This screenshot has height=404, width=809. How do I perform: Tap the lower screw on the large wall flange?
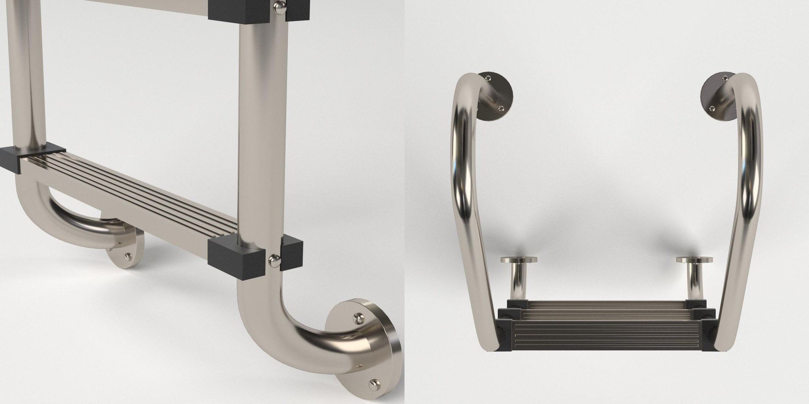(x=373, y=384)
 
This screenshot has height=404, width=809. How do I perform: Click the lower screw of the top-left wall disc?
(x=500, y=108)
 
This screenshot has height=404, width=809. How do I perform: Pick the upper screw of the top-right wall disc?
(x=725, y=78)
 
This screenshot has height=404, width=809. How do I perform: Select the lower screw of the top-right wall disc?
(x=713, y=108)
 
